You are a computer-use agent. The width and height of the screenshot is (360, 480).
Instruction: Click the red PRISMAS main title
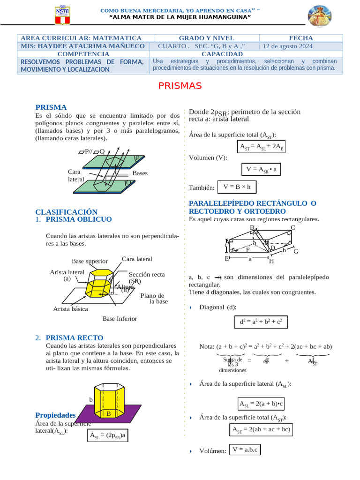(180, 86)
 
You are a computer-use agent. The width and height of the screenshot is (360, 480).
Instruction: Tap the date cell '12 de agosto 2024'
(287, 46)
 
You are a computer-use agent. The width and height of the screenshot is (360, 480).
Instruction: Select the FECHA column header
(300, 38)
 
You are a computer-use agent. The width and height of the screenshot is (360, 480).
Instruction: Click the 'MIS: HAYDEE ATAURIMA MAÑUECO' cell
(81, 46)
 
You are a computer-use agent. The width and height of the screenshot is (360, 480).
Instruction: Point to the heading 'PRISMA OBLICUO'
(79, 219)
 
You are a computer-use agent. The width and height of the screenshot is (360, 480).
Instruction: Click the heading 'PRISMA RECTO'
(75, 337)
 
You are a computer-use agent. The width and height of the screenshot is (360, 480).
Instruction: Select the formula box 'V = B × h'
(237, 187)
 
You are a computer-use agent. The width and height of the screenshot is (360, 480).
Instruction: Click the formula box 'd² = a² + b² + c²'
(261, 322)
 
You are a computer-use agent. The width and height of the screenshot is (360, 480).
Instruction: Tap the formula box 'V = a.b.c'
(245, 450)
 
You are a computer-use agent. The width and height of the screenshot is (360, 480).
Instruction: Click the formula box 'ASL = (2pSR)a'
(108, 435)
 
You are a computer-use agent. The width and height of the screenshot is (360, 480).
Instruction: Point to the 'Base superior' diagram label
(90, 261)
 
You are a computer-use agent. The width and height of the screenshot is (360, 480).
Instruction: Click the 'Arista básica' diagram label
(70, 309)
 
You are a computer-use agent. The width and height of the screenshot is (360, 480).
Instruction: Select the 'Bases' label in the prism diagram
(140, 173)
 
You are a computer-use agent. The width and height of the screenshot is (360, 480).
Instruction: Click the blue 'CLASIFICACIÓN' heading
(67, 212)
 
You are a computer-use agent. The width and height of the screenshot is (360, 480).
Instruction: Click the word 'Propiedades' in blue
(55, 415)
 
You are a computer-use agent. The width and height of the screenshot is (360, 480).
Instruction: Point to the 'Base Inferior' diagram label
(120, 319)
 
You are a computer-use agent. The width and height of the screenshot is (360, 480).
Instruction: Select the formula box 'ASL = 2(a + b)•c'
(262, 403)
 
